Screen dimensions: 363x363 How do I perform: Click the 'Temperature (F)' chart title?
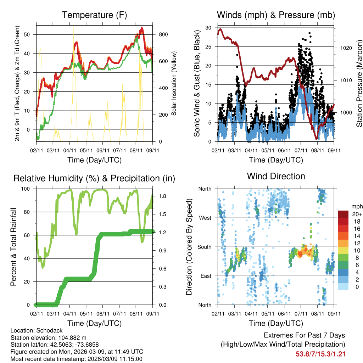[94, 15]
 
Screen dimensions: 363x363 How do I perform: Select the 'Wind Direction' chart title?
[276, 176]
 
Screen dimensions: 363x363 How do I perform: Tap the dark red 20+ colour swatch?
[343, 214]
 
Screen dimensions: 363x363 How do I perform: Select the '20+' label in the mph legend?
[356, 214]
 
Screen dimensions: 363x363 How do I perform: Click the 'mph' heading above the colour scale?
[356, 206]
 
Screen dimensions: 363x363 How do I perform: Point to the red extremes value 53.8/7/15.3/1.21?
[320, 354]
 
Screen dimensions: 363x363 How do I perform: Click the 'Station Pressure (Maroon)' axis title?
[359, 83]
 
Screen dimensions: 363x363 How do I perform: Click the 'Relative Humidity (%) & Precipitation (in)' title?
[94, 178]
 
